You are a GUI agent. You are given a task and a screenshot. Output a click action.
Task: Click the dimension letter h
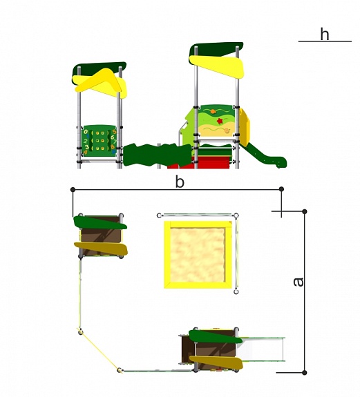point(325,35)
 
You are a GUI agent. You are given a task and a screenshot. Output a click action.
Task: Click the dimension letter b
point(180,182)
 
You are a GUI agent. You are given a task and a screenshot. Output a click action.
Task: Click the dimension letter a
point(299,282)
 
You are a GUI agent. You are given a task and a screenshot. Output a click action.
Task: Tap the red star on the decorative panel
point(220,121)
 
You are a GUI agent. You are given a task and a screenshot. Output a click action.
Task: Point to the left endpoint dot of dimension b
point(73,189)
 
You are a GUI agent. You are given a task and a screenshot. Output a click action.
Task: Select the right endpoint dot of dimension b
point(281,189)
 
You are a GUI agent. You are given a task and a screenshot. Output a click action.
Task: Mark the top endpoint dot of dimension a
point(305,211)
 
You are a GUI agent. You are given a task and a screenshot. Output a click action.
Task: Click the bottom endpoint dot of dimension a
point(305,372)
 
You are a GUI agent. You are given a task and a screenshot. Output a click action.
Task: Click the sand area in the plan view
point(198,255)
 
